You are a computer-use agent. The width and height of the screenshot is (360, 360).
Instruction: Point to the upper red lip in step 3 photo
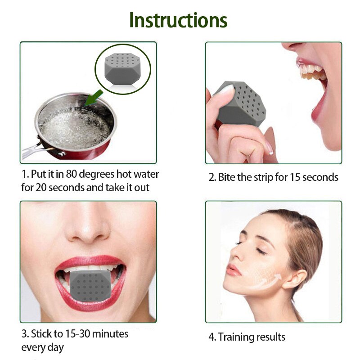[90, 262]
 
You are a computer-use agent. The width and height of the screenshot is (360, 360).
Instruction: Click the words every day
[42, 347]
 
